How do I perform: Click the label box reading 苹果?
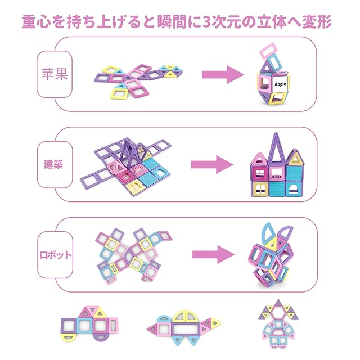click(55, 74)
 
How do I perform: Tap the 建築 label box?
click(55, 164)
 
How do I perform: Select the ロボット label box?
click(55, 254)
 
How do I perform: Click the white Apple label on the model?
click(281, 83)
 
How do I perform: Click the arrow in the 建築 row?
click(211, 165)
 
